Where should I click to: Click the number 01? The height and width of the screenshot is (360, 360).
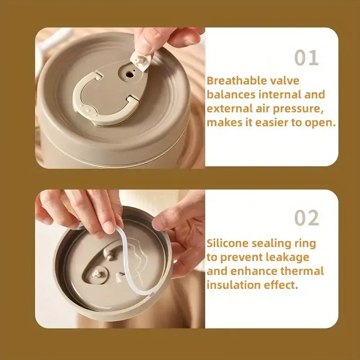[x=306, y=58]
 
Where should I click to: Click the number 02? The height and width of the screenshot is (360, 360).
[x=306, y=218]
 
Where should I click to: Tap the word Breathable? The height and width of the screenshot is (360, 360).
[x=237, y=81]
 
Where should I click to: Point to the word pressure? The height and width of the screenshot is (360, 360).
[x=298, y=109]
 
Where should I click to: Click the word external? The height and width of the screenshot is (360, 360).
[x=229, y=108]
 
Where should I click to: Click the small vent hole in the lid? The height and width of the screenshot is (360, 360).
[x=130, y=74]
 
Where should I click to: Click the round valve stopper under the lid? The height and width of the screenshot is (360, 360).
[x=98, y=274]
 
